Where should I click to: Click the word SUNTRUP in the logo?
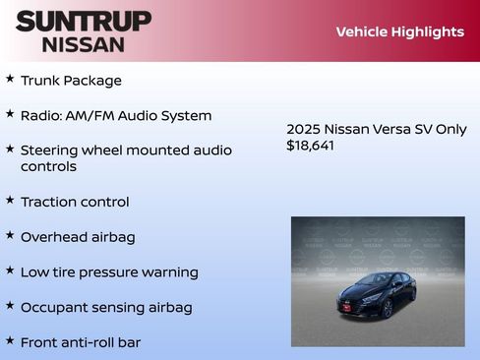click(84, 21)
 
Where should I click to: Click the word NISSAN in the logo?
click(84, 44)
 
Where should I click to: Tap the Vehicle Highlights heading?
click(399, 31)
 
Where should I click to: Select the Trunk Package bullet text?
click(71, 81)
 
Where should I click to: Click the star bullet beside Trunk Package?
click(10, 78)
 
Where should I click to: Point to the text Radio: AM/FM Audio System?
click(116, 116)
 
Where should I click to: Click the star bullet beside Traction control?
click(10, 200)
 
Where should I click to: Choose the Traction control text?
click(75, 202)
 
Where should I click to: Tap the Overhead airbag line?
click(78, 237)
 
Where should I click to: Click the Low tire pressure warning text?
click(109, 272)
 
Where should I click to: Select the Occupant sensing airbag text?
click(106, 307)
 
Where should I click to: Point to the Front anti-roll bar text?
click(81, 342)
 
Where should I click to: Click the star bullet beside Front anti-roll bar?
click(10, 340)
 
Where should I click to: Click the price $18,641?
click(310, 145)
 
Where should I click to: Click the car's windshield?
click(373, 280)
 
